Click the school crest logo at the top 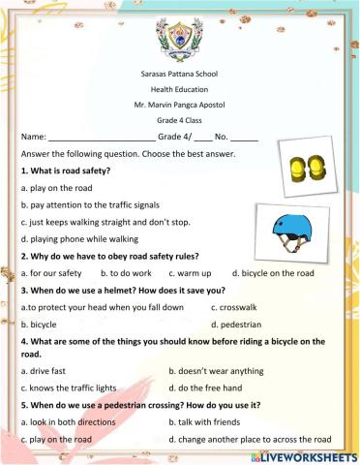pos(180,44)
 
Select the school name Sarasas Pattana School pos(180,85)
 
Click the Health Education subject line pos(180,102)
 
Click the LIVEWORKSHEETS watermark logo pos(302,453)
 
